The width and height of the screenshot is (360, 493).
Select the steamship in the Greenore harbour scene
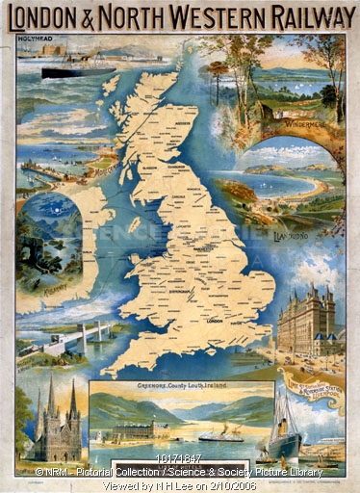(220, 434)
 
